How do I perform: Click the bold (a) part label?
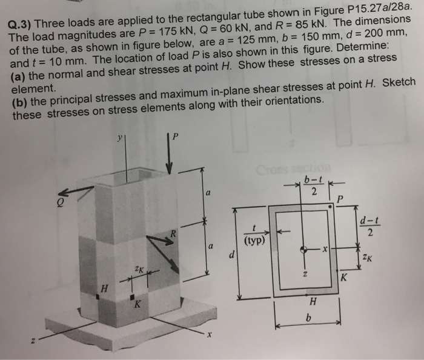click(20, 77)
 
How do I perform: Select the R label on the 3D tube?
click(173, 232)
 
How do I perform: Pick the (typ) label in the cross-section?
click(255, 240)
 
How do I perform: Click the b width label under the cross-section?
click(308, 316)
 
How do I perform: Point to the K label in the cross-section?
click(343, 279)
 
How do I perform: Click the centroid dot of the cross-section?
click(306, 249)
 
